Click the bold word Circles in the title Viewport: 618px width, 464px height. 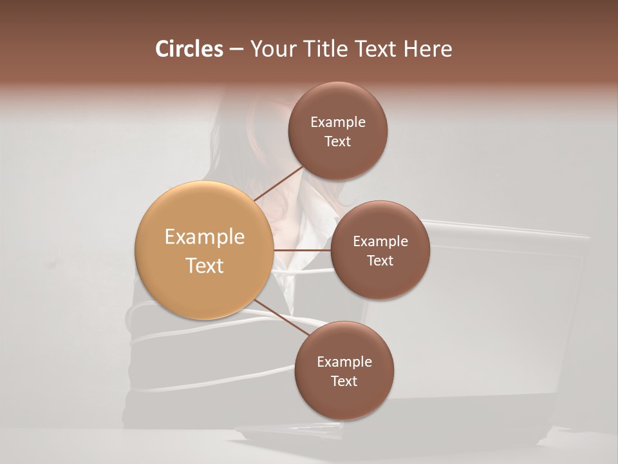click(189, 49)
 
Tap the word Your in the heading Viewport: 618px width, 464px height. click(273, 49)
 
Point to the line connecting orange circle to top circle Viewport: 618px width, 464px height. click(278, 184)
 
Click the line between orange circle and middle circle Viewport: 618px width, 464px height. click(302, 249)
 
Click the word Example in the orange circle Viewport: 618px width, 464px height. click(205, 237)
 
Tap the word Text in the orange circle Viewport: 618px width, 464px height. click(205, 266)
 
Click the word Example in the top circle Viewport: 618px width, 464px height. click(338, 122)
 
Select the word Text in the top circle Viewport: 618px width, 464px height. click(338, 141)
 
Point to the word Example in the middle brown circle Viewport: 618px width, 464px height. click(380, 242)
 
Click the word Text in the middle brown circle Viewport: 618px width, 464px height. click(380, 261)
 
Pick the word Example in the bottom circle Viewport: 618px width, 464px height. click(344, 362)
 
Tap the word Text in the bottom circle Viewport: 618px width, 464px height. click(344, 382)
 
